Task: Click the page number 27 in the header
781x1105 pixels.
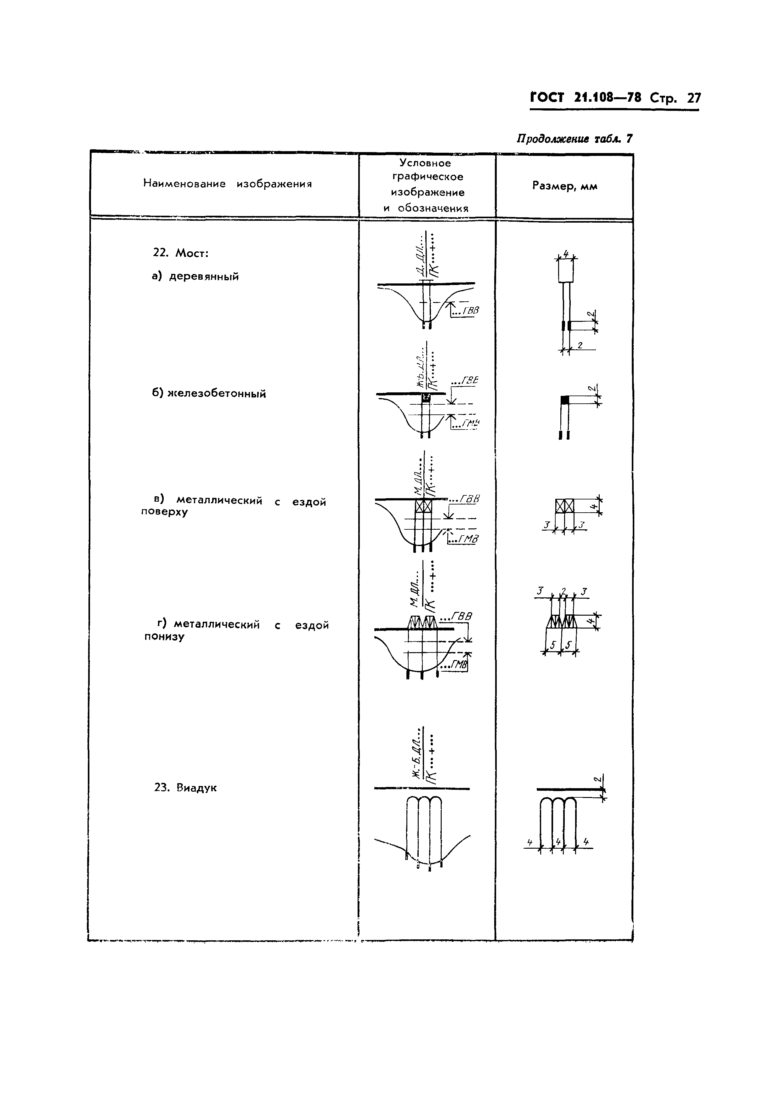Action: (693, 98)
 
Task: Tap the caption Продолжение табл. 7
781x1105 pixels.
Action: (574, 139)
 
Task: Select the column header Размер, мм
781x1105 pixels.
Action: (564, 186)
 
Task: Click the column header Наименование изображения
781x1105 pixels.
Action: (227, 184)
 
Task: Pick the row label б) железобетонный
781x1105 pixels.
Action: (209, 394)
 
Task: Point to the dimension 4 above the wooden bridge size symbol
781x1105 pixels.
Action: (566, 253)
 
